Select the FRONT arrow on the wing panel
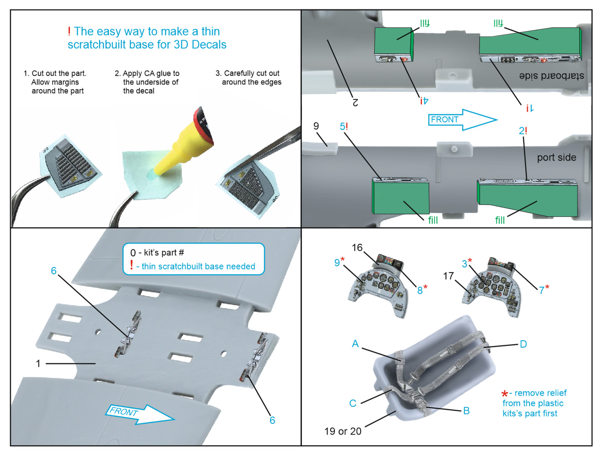(x=139, y=414)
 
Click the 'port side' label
(x=556, y=158)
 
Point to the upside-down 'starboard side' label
(x=551, y=76)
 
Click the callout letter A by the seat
(x=355, y=344)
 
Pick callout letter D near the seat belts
(x=523, y=344)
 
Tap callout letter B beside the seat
(x=466, y=411)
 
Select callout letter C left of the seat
(x=353, y=403)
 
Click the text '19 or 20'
(x=343, y=431)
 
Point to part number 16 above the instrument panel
(x=357, y=247)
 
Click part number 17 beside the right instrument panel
(x=448, y=276)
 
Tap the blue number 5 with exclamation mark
(x=344, y=126)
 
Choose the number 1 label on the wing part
(x=38, y=364)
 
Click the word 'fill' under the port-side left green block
(x=433, y=220)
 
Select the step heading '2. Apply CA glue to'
(x=147, y=73)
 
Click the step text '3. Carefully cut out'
(x=248, y=73)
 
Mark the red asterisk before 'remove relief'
(x=505, y=394)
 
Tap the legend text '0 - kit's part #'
(x=157, y=253)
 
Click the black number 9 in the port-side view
(x=316, y=126)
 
